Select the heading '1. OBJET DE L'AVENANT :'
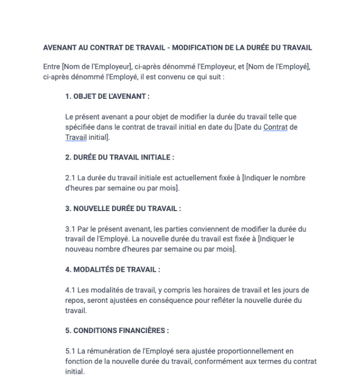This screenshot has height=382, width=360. click(107, 96)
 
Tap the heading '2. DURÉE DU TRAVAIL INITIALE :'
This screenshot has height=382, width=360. click(119, 157)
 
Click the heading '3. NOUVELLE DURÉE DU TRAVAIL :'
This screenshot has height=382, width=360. click(123, 208)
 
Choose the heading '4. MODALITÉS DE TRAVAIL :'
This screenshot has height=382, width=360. click(112, 270)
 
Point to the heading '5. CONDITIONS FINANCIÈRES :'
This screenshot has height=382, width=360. click(117, 330)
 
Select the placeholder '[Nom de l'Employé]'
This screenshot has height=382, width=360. click(278, 67)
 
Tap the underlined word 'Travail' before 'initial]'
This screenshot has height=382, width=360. click(75, 137)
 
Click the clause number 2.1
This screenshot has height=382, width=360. click(70, 178)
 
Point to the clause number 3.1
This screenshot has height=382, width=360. click(70, 229)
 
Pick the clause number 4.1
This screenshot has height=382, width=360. click(70, 290)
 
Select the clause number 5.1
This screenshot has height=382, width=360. click(70, 351)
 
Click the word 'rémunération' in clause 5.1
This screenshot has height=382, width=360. click(109, 351)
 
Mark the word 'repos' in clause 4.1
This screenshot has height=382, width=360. click(74, 300)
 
